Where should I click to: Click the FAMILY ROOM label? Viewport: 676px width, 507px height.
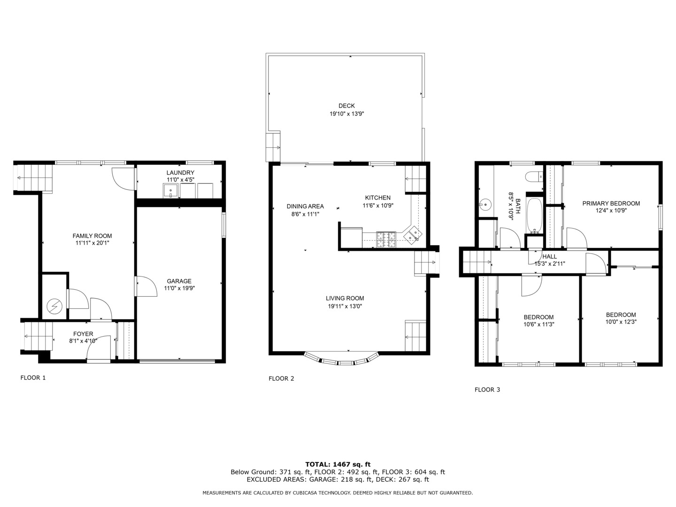[x=92, y=236]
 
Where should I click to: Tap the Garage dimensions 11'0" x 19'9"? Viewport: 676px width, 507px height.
[x=179, y=288]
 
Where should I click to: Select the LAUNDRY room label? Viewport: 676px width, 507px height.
[x=180, y=173]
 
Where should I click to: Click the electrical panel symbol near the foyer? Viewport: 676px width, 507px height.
[x=54, y=306]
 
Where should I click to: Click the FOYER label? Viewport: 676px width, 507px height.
[x=83, y=334]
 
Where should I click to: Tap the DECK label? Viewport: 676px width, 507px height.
[x=346, y=106]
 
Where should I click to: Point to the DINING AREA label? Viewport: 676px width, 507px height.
[x=305, y=206]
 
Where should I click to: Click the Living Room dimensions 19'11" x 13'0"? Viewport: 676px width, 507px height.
[x=346, y=306]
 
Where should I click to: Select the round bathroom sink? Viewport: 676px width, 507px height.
[x=485, y=205]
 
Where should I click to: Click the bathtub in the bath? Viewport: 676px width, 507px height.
[x=535, y=215]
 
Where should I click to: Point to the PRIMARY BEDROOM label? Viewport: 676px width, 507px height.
[x=611, y=203]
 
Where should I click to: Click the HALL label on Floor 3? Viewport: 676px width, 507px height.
[x=549, y=256]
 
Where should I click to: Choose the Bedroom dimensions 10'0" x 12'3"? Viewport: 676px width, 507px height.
[x=621, y=322]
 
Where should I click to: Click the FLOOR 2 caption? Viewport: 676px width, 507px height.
[x=281, y=378]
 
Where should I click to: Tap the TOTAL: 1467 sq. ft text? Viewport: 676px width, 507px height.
[x=338, y=464]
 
